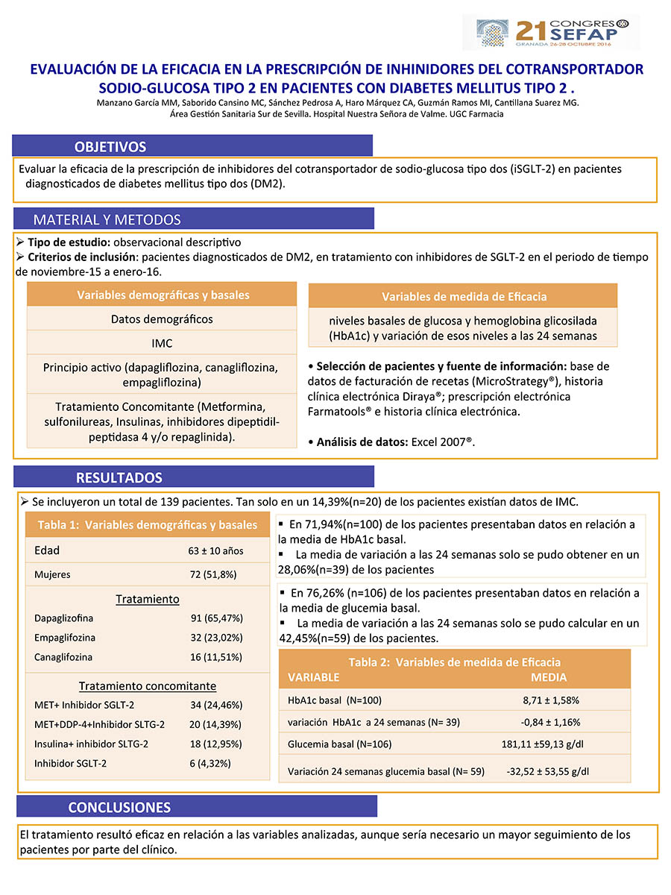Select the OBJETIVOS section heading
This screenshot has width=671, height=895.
110,146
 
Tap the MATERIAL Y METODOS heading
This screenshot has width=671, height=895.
107,219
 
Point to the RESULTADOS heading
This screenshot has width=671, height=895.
119,477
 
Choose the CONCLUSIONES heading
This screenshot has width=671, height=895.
119,807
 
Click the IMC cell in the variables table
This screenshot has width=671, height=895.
162,344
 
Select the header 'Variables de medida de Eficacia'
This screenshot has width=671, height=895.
464,296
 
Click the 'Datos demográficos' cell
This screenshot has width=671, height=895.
162,319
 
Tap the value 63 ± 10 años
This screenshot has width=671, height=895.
215,551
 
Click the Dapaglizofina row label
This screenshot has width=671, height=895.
64,618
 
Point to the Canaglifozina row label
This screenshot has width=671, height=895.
63,657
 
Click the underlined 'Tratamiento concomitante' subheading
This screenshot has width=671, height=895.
148,686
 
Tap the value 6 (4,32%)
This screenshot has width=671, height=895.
211,763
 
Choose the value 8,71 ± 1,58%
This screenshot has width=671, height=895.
551,700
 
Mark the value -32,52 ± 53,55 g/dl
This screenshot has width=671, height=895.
548,771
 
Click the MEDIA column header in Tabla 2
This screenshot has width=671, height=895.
549,677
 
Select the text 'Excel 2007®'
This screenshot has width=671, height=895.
442,442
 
